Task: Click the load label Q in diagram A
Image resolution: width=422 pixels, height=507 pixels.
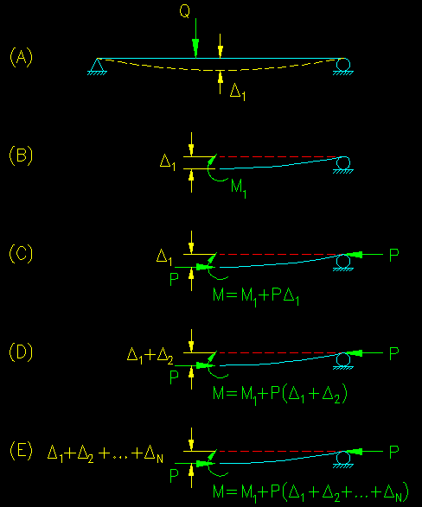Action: [185, 11]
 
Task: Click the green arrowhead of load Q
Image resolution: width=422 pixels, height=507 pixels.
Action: [195, 48]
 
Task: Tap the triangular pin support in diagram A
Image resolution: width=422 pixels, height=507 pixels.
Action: [97, 66]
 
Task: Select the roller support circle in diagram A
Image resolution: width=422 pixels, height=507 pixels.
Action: [342, 64]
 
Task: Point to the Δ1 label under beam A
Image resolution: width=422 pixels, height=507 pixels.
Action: [238, 92]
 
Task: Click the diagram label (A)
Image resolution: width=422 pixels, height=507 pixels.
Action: [22, 57]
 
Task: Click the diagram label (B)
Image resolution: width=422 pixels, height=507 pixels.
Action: [22, 155]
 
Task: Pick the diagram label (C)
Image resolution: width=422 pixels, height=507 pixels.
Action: [22, 254]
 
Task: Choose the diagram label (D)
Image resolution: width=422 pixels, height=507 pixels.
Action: [22, 352]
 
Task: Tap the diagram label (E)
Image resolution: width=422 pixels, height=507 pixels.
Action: [22, 450]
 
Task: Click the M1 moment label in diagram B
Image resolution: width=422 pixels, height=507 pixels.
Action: [239, 188]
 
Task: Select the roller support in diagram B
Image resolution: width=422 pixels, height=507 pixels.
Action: [342, 164]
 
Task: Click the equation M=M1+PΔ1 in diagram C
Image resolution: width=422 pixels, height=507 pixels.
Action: [256, 296]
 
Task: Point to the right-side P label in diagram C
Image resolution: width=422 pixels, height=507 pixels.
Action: [393, 256]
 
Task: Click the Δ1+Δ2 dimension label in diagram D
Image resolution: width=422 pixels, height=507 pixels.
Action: [150, 356]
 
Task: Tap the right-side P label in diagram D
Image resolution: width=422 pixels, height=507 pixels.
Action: [393, 354]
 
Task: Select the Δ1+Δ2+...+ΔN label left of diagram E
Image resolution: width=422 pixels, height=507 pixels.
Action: [105, 454]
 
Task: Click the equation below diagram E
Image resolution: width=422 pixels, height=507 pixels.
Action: [310, 493]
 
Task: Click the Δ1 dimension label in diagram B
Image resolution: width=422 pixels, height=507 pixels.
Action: [168, 162]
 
